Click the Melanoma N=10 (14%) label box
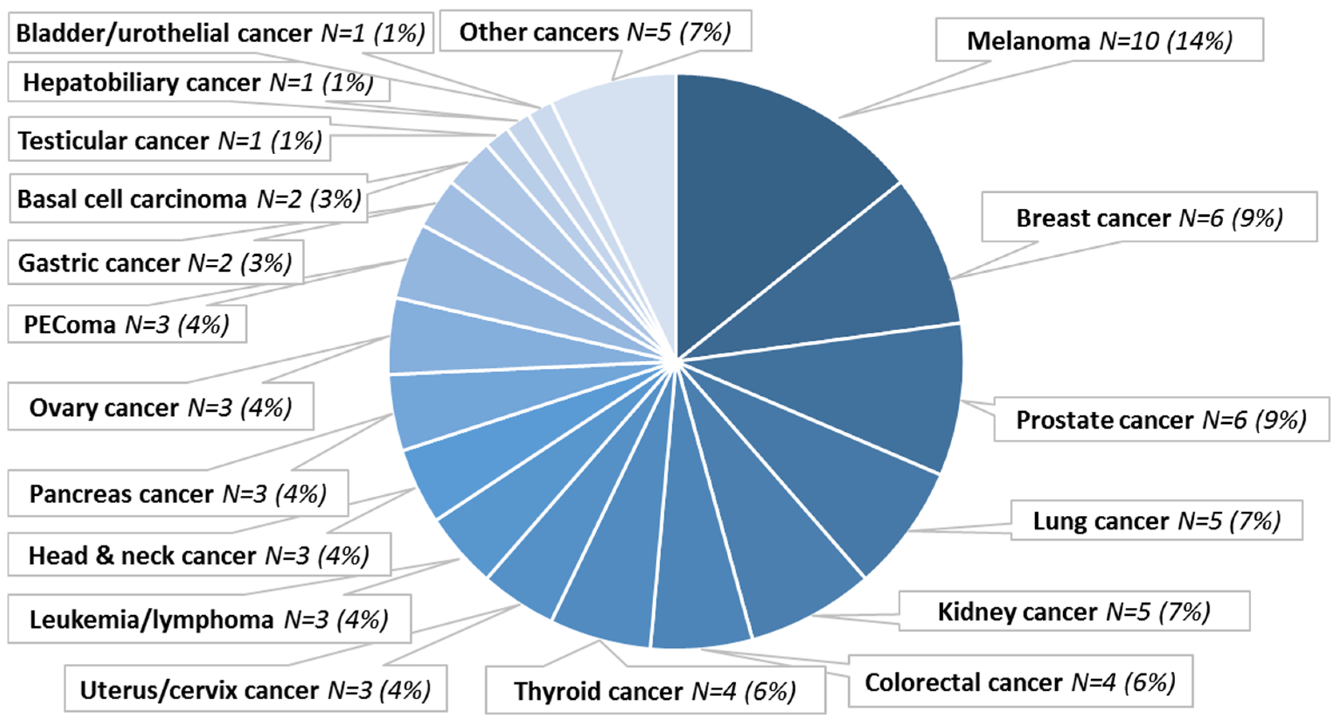click(x=1099, y=40)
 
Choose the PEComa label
click(x=127, y=325)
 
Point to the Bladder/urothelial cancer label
click(x=220, y=33)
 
